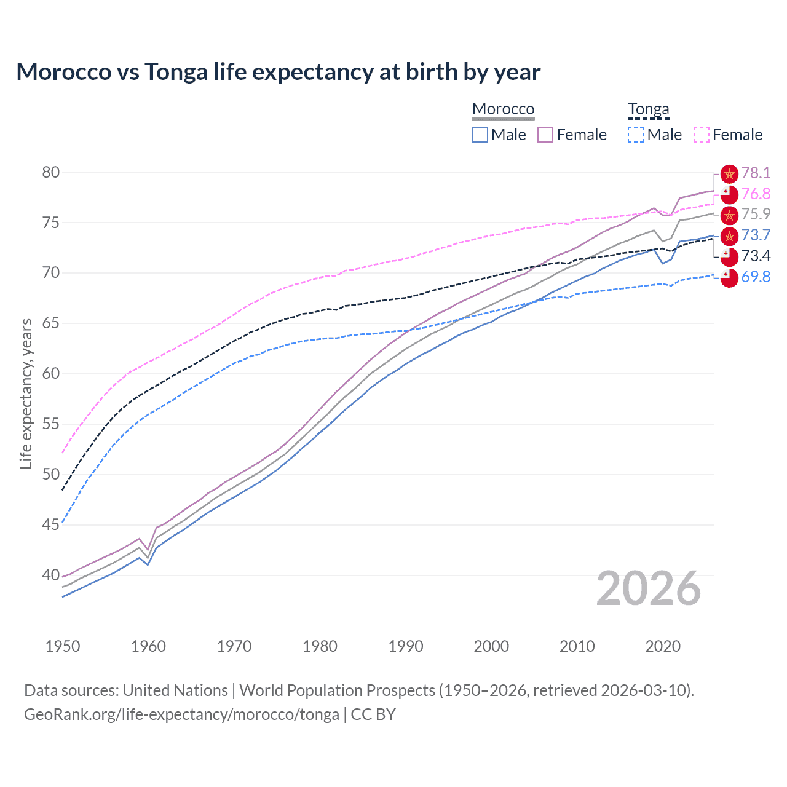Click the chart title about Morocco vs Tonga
[x=278, y=72]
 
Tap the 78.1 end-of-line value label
[x=756, y=173]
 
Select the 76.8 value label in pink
[x=756, y=194]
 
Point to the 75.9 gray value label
[x=756, y=214]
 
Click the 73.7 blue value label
[x=756, y=235]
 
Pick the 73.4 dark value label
[x=756, y=256]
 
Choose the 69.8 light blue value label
[x=756, y=277]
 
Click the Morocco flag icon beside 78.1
[x=729, y=174]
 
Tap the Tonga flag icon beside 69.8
[x=729, y=278]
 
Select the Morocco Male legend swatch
[x=480, y=135]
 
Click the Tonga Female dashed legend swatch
[x=702, y=135]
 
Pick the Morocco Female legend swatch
[x=545, y=135]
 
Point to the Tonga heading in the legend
[x=648, y=109]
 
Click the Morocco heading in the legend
[x=503, y=109]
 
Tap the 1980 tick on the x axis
[x=320, y=646]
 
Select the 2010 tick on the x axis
[x=577, y=646]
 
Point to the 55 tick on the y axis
[x=51, y=424]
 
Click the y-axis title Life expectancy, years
[x=26, y=393]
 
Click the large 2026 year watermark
[x=648, y=588]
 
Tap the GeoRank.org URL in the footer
[x=181, y=714]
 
